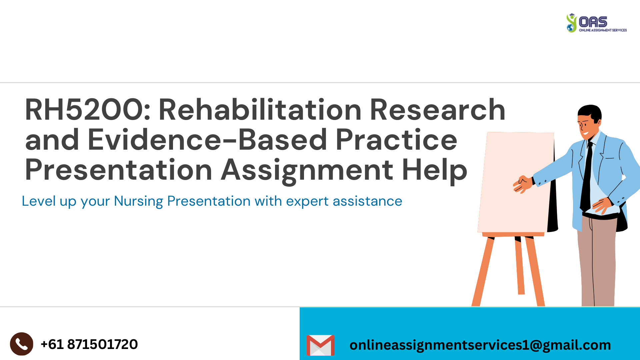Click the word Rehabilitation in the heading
tap(260, 110)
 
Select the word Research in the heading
tap(437, 110)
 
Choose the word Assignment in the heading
tap(307, 170)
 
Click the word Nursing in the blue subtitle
tap(138, 201)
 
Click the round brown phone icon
tap(22, 344)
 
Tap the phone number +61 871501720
tap(89, 344)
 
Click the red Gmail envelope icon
tap(320, 345)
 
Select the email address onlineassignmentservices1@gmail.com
tap(480, 345)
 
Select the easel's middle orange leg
tap(519, 267)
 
